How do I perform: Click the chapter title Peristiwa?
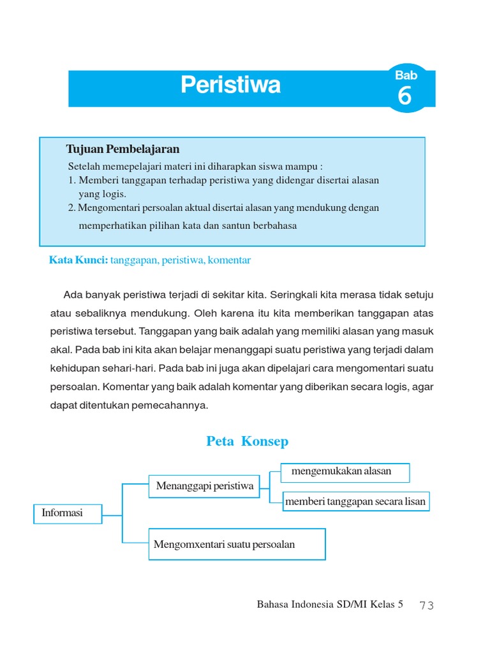click(230, 85)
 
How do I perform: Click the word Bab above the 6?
click(406, 75)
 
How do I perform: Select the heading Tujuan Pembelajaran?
click(122, 149)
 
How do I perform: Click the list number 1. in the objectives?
click(71, 180)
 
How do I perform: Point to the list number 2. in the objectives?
click(71, 207)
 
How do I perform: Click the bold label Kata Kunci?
click(78, 260)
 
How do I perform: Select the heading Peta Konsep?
click(248, 441)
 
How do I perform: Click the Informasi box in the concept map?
click(67, 513)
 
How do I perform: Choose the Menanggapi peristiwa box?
click(204, 486)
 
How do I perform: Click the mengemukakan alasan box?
click(345, 472)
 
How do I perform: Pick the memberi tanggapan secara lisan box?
click(355, 501)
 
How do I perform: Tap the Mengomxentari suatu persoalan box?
click(237, 544)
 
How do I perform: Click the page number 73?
click(427, 605)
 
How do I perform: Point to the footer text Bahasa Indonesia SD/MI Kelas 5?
click(330, 605)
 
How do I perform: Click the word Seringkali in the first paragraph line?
click(296, 295)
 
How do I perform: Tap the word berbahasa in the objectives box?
click(276, 226)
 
